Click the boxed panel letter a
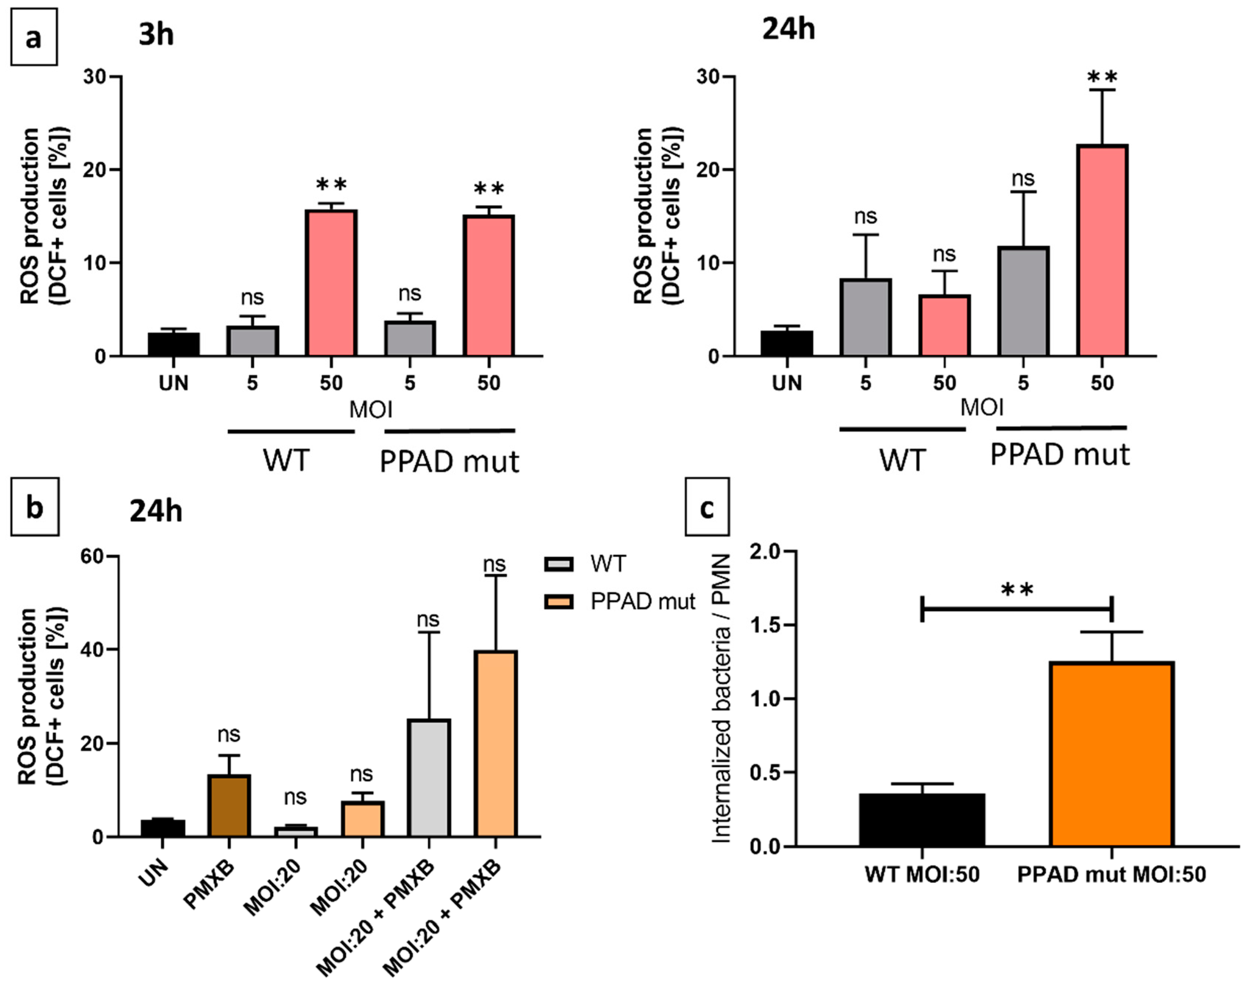click(x=33, y=37)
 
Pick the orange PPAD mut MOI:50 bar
click(x=1112, y=754)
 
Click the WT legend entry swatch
click(x=559, y=563)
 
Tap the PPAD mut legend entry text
click(x=642, y=602)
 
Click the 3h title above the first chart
click(x=156, y=35)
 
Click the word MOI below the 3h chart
click(x=370, y=410)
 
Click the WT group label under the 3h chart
click(x=287, y=460)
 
